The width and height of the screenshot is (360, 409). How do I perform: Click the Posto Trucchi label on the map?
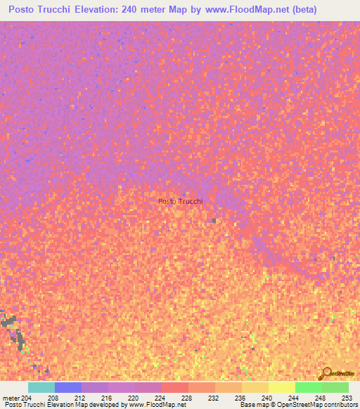pos(181,201)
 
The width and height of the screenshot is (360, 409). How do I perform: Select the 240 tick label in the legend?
pos(267,397)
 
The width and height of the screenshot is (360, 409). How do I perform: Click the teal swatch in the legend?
pos(41,387)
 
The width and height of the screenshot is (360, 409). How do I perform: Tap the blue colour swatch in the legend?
pos(67,387)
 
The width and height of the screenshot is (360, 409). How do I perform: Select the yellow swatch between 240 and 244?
pos(281,387)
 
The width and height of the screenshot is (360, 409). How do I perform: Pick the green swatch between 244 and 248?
pos(308,387)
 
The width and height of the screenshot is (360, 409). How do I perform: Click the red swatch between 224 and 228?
pos(174,387)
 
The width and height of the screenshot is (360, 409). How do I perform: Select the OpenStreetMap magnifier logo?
pos(326,372)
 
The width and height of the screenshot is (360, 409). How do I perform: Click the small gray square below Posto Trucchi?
pos(214,221)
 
